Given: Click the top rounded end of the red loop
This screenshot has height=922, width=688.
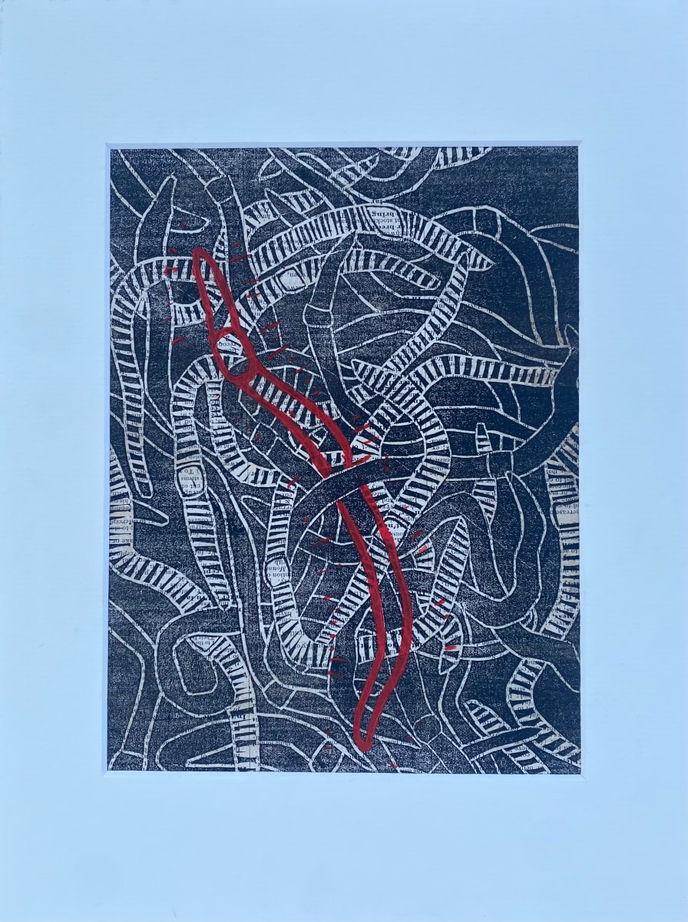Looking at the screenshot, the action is pos(202,257).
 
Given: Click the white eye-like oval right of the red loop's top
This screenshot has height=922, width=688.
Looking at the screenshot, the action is pos(287,281).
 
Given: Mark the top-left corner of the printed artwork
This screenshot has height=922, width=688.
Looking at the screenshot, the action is pos(109,148).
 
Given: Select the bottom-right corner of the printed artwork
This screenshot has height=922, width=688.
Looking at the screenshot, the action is pos(579,770).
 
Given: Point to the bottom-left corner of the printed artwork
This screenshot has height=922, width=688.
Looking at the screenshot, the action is pos(108,770).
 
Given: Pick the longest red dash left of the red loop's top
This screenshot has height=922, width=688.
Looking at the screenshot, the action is pos(172,270).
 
